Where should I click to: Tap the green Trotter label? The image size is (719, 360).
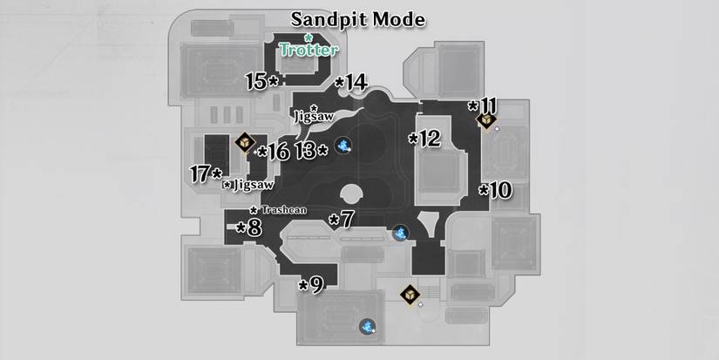point(309,50)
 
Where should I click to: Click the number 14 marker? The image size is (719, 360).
point(351,83)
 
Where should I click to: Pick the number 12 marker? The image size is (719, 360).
point(425,138)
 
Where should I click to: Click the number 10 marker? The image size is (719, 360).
point(495,189)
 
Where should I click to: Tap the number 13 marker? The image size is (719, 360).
point(311,150)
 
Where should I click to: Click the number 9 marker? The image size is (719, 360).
point(311,284)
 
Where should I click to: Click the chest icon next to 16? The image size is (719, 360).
point(245,141)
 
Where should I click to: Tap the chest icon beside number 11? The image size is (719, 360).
point(488,120)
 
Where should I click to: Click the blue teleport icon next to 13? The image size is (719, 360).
point(345,146)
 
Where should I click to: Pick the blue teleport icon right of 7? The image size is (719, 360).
point(400,233)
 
